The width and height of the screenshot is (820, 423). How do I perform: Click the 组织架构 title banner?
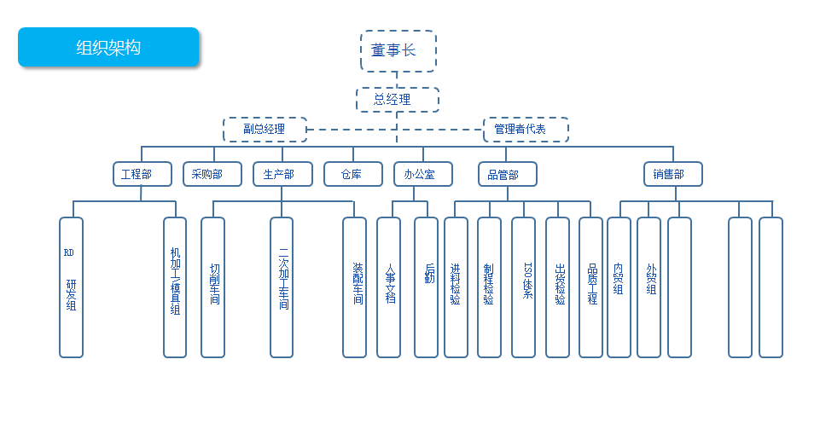click(x=108, y=47)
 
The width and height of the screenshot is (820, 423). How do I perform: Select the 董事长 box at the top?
click(x=398, y=50)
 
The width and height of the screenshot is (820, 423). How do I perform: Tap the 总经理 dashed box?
click(x=398, y=99)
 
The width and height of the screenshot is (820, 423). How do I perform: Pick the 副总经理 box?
click(x=265, y=129)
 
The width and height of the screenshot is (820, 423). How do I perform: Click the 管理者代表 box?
click(x=526, y=129)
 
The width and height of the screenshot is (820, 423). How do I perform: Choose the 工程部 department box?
click(x=142, y=174)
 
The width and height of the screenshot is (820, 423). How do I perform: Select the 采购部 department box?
click(x=212, y=174)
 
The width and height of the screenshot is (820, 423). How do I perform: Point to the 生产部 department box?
click(x=282, y=174)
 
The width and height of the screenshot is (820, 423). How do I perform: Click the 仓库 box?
click(x=353, y=174)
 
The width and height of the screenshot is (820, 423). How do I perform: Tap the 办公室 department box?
click(x=423, y=174)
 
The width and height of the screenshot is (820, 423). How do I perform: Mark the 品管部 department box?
click(x=507, y=174)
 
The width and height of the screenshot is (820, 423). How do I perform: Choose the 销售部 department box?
click(x=673, y=174)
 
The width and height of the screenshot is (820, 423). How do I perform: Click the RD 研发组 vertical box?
click(x=71, y=287)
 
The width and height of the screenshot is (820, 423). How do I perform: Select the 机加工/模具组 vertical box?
click(x=175, y=287)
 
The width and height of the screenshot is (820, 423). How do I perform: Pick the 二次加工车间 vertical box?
click(x=282, y=287)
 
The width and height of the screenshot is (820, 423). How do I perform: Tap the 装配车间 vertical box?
click(x=354, y=287)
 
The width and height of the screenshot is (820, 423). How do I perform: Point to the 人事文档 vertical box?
click(x=388, y=287)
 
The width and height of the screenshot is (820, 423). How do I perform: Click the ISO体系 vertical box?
click(x=523, y=287)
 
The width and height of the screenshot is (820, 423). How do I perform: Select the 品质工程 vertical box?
click(x=591, y=287)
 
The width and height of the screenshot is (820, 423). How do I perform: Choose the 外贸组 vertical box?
click(x=649, y=287)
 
